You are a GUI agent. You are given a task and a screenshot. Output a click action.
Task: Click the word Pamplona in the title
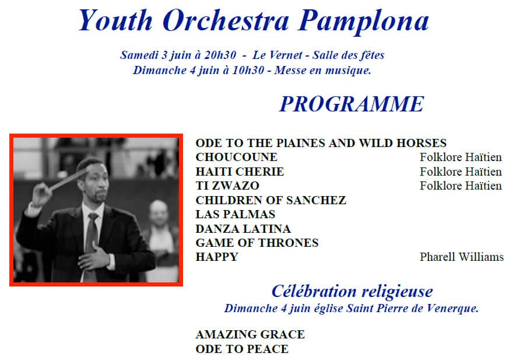click(x=363, y=21)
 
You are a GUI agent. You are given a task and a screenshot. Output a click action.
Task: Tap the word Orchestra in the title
click(x=226, y=20)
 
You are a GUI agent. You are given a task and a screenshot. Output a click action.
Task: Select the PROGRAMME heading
click(x=352, y=104)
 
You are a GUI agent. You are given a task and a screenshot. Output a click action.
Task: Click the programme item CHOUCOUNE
click(x=236, y=157)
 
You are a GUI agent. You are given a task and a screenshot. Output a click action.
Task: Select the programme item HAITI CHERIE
click(x=240, y=172)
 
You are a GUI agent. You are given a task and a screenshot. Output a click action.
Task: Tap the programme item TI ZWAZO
click(x=227, y=186)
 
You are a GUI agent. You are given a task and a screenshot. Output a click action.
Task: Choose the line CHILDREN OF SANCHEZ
click(x=270, y=200)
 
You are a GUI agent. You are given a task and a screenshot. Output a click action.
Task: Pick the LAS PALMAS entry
click(x=236, y=214)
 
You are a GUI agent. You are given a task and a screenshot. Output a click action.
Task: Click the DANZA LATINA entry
click(x=243, y=229)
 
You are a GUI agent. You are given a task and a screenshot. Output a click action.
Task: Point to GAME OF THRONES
click(x=257, y=243)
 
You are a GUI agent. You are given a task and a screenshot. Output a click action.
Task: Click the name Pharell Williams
click(x=462, y=257)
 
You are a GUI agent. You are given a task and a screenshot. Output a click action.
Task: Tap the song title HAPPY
click(x=217, y=257)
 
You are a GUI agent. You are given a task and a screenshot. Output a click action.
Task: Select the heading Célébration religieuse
click(x=352, y=291)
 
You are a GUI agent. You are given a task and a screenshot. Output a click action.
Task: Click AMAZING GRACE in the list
click(x=250, y=334)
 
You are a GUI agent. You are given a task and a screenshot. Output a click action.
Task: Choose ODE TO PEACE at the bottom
click(x=242, y=349)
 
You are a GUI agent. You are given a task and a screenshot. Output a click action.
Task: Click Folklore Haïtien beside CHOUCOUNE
click(x=461, y=157)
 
